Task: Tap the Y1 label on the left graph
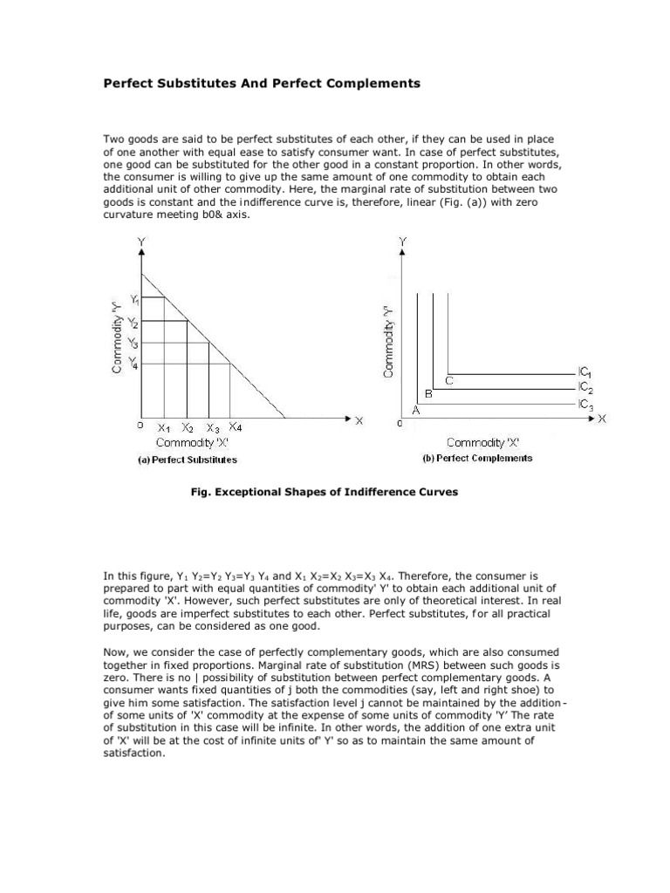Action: point(135,300)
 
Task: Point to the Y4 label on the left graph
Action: point(133,363)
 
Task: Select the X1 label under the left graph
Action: point(164,428)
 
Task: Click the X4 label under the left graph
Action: point(236,427)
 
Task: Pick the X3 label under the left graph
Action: point(213,428)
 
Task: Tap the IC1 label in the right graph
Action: point(585,372)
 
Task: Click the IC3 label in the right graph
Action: point(585,404)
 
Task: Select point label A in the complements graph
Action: point(415,409)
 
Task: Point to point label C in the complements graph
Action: point(449,381)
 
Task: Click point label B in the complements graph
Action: point(429,394)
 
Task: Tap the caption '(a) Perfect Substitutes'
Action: point(188,460)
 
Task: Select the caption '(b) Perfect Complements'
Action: point(477,458)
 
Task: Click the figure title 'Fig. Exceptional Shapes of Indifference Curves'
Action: point(324,492)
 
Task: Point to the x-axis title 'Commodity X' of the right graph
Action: point(482,442)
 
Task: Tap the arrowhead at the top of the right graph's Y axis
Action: point(401,250)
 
